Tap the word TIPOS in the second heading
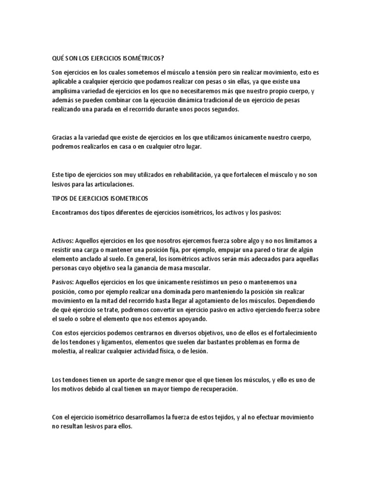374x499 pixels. [60, 199]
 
